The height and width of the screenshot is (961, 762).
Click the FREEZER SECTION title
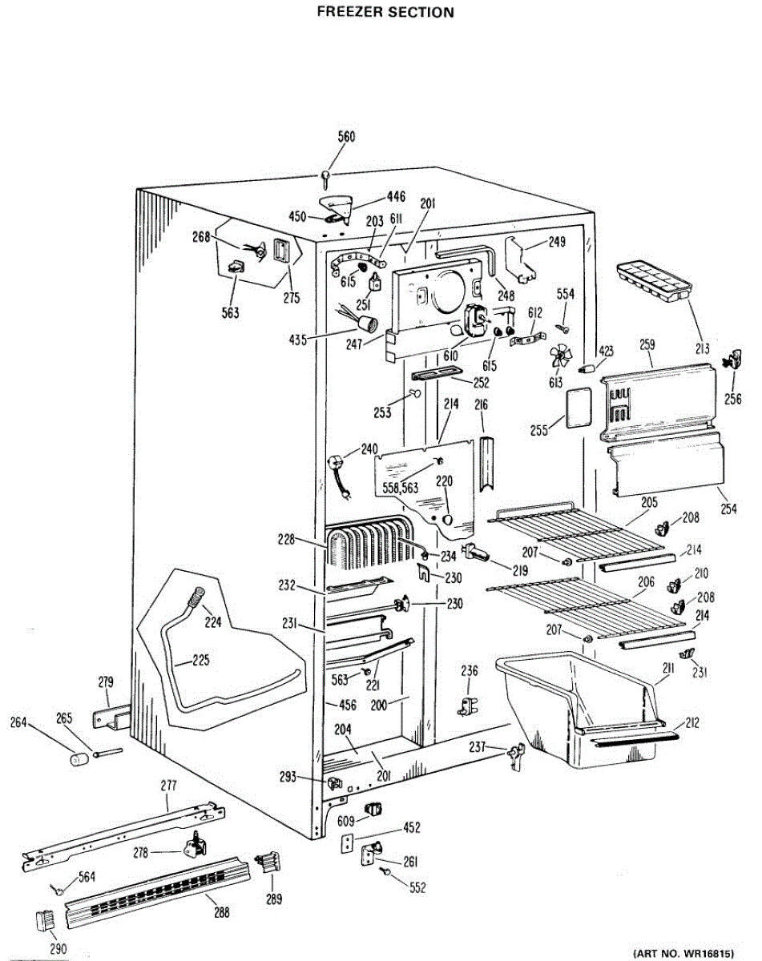(x=385, y=12)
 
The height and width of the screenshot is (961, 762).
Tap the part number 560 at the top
(x=345, y=137)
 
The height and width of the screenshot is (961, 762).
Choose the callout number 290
(x=57, y=949)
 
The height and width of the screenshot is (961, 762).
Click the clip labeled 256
(x=733, y=360)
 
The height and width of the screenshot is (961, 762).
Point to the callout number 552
(x=417, y=887)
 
